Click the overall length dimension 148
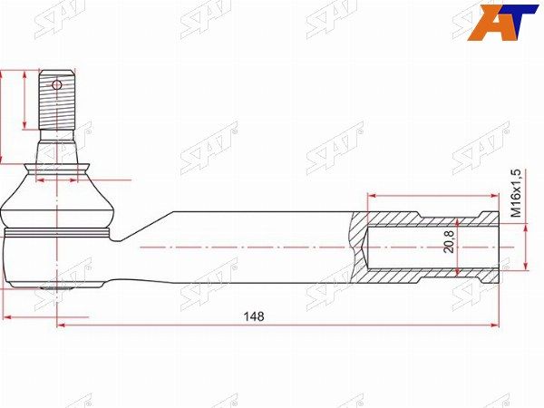(x=255, y=316)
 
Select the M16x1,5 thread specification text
(x=515, y=192)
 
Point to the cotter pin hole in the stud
(x=56, y=85)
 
